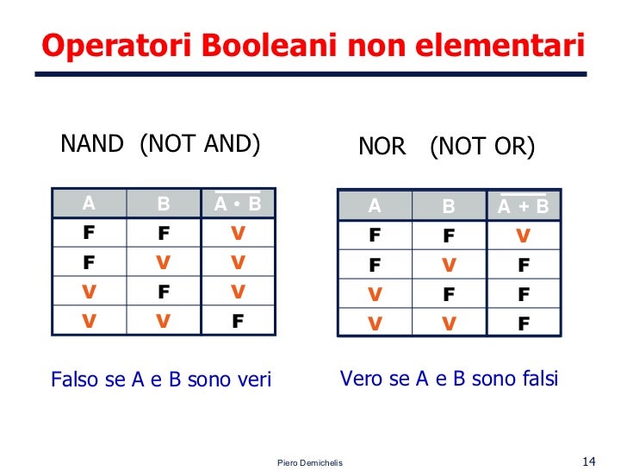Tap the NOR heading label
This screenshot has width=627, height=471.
382,148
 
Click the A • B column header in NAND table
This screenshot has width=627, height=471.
237,204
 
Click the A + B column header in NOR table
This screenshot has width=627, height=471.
524,207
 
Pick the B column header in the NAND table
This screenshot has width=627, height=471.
164,204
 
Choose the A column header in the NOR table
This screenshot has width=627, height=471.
374,207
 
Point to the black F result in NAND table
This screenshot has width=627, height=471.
238,322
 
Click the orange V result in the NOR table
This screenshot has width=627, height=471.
524,235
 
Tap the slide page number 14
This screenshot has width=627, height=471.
590,460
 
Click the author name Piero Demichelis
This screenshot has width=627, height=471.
310,463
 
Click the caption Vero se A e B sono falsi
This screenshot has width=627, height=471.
449,378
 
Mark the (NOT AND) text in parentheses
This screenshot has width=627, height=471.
199,144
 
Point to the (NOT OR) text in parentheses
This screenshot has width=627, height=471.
482,148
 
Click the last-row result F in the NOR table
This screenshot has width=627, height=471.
524,324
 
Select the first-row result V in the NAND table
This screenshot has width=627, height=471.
238,234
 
